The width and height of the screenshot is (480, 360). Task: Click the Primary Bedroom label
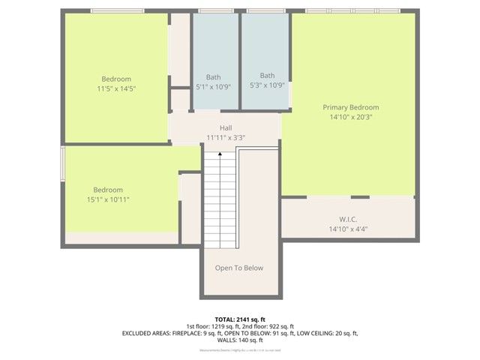[x=350, y=107]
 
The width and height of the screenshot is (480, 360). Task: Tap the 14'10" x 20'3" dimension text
[x=350, y=117]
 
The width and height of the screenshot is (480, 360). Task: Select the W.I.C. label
[x=347, y=219]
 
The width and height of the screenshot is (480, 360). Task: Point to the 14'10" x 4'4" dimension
[x=347, y=229]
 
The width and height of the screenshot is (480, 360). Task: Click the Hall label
[x=226, y=127]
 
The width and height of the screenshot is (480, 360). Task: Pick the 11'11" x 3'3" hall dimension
[x=226, y=137]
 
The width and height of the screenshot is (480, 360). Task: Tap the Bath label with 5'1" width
[x=214, y=76]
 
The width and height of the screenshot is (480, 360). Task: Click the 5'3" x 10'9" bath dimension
[x=267, y=85]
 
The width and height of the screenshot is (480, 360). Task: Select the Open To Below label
[x=239, y=268]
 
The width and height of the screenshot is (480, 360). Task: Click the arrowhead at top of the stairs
[x=220, y=154]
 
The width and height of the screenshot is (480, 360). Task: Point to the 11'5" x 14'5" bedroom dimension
[x=116, y=88]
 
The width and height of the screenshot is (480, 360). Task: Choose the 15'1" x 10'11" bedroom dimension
[x=108, y=199]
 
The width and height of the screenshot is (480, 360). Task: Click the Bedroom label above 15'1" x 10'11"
[x=108, y=190]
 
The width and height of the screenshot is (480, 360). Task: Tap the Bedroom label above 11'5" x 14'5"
[x=116, y=79]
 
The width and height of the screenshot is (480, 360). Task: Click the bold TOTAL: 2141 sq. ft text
[x=239, y=319]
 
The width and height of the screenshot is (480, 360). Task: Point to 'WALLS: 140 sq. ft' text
[x=239, y=340]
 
